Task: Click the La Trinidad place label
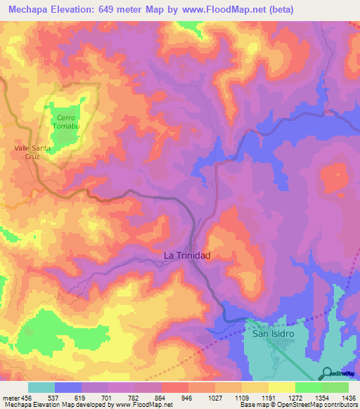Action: (x=186, y=256)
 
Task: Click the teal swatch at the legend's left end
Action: (x=41, y=387)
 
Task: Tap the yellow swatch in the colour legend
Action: (x=281, y=387)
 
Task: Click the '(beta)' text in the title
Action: (x=279, y=9)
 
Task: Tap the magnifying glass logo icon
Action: (x=326, y=372)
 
